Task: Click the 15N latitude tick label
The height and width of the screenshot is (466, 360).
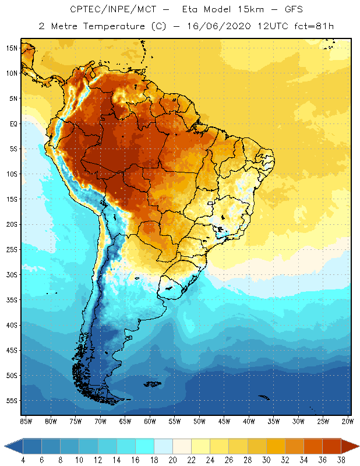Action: coord(12,48)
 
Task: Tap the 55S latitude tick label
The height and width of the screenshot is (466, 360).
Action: coord(12,401)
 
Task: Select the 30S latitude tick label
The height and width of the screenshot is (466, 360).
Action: coord(12,274)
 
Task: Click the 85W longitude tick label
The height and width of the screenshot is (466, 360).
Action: coord(26,421)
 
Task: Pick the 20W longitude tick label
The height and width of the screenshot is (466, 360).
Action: coord(347,421)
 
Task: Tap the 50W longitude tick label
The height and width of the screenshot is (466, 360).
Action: coord(199,421)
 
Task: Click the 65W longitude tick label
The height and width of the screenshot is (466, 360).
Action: coord(125,421)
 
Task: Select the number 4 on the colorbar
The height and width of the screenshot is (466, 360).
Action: coord(23,460)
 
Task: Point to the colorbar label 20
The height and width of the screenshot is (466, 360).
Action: coord(172,460)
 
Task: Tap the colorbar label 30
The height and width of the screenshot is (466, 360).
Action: coord(266,460)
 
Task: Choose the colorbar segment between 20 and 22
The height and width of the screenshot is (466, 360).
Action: coord(182,446)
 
